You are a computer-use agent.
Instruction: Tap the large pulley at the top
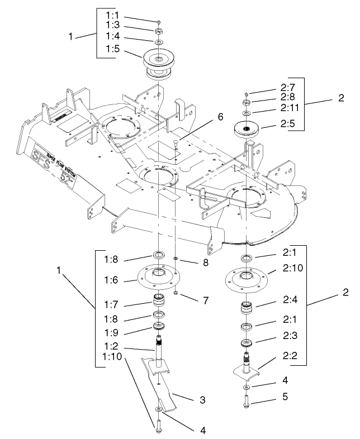tap(159, 60)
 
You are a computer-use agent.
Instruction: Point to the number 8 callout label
tap(206, 261)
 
